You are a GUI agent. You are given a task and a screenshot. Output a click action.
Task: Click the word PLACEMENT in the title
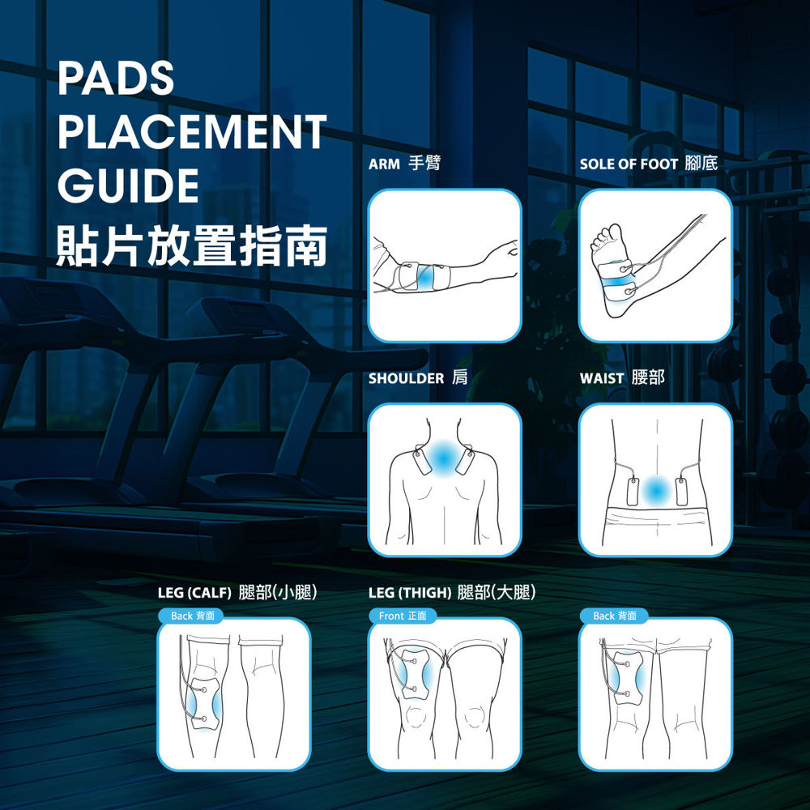(x=192, y=132)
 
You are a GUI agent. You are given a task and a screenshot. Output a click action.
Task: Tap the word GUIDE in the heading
(x=128, y=185)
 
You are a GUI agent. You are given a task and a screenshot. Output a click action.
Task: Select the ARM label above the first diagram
(x=384, y=164)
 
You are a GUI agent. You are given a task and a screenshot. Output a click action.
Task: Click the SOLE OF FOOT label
(x=629, y=164)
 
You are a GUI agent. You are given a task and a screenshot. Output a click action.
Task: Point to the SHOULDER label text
(x=406, y=378)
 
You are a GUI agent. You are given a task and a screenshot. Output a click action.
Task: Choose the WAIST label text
(x=602, y=378)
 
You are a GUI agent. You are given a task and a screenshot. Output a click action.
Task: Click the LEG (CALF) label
(x=194, y=593)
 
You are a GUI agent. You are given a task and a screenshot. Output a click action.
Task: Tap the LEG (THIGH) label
(x=410, y=593)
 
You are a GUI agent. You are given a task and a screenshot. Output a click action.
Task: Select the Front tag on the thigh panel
(x=391, y=616)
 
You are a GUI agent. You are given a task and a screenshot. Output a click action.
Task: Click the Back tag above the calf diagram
(x=181, y=616)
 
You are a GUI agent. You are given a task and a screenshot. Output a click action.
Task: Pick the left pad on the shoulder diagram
(x=422, y=462)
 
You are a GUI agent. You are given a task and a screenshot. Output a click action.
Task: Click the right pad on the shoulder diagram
(x=465, y=462)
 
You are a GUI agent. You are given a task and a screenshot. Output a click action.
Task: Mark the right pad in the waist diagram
(x=681, y=492)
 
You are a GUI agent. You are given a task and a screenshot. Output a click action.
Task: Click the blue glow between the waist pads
(x=657, y=491)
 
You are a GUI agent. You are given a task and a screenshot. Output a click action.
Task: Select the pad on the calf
(x=205, y=703)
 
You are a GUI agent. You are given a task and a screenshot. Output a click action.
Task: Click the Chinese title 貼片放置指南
(x=192, y=245)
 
